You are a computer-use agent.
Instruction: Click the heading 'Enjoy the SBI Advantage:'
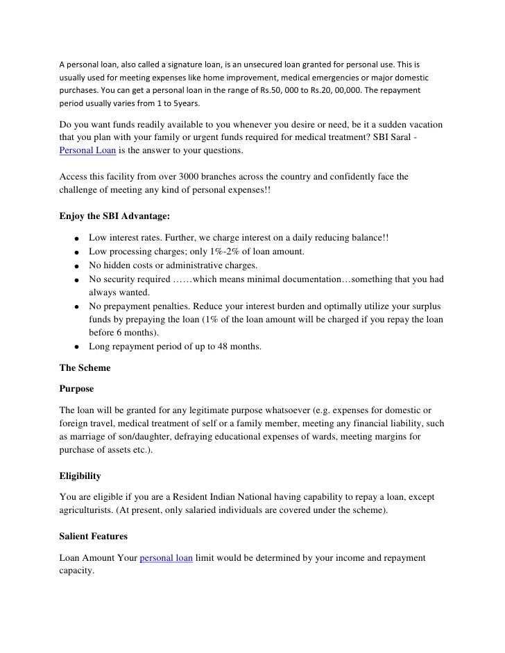[110, 216]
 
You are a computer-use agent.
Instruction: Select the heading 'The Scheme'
[85, 369]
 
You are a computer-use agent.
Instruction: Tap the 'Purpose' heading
[76, 389]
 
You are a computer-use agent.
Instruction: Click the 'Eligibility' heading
[80, 476]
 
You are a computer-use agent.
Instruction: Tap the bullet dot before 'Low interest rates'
[73, 238]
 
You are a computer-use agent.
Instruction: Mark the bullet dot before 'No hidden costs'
[73, 266]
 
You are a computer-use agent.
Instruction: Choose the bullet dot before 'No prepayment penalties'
[73, 307]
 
